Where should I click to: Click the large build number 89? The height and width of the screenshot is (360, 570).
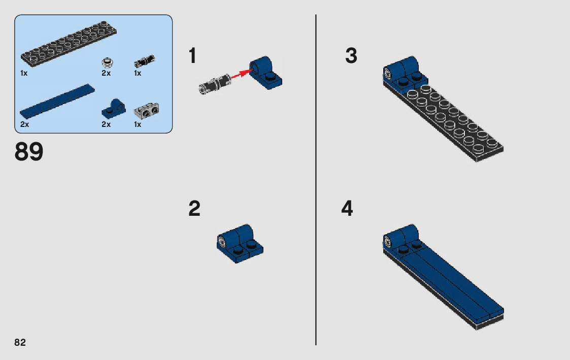point(29,152)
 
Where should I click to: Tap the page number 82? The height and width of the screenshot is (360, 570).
point(20,343)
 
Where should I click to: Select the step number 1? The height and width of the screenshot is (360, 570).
point(193,56)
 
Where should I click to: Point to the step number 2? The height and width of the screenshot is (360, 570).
point(194,209)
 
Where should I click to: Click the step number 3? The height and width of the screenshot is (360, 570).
point(351,56)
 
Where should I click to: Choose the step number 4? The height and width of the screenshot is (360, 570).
point(347,209)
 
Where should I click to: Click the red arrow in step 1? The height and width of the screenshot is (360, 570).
point(242,74)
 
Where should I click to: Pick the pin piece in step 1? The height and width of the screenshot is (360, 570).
point(215,83)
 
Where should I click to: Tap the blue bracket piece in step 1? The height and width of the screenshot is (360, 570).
point(266,73)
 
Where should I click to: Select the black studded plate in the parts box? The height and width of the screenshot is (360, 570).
point(69,44)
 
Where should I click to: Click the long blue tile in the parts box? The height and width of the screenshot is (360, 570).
point(57,102)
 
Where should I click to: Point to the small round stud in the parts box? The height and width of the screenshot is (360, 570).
point(107,62)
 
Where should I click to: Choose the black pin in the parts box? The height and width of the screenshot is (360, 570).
point(145,61)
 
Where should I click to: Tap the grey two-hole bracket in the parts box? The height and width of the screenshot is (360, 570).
point(147,111)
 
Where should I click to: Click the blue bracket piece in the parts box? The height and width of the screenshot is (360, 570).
point(113,108)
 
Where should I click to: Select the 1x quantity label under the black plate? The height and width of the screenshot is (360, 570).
point(24,74)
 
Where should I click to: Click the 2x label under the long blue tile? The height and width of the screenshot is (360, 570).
point(25,124)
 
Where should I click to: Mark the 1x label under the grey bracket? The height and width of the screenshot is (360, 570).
point(138,124)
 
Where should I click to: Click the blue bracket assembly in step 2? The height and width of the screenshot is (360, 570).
point(240,243)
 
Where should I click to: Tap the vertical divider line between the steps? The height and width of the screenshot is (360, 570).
point(316,180)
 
